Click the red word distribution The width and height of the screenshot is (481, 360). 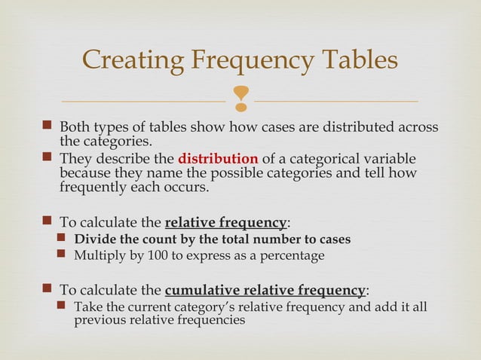click(x=219, y=160)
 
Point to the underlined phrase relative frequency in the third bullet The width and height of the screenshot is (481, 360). click(x=225, y=223)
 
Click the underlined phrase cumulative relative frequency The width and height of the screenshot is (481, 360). click(x=265, y=291)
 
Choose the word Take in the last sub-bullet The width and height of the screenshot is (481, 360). click(x=87, y=307)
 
